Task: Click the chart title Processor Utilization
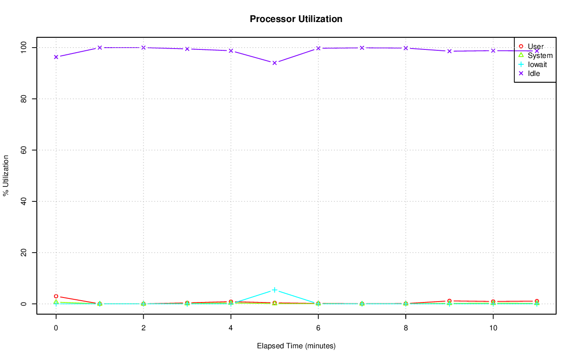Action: pyautogui.click(x=296, y=19)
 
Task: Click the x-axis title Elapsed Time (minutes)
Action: pyautogui.click(x=296, y=346)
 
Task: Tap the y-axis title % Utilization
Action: pyautogui.click(x=6, y=175)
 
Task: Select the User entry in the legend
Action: pyautogui.click(x=535, y=47)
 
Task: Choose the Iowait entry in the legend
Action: pyautogui.click(x=537, y=65)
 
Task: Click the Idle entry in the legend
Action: pyautogui.click(x=534, y=74)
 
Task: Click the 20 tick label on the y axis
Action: pyautogui.click(x=25, y=253)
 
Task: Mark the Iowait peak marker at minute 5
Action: pyautogui.click(x=274, y=290)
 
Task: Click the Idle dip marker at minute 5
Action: pyautogui.click(x=274, y=63)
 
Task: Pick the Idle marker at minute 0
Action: pyautogui.click(x=56, y=57)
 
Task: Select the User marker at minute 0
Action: pyautogui.click(x=56, y=296)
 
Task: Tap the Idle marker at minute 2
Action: pyautogui.click(x=143, y=48)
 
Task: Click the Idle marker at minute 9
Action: pyautogui.click(x=449, y=51)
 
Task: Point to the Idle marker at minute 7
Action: pyautogui.click(x=362, y=48)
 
